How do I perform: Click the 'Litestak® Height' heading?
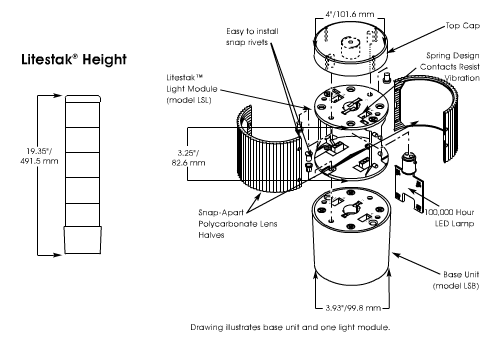click(x=74, y=59)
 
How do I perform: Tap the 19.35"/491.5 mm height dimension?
click(x=39, y=156)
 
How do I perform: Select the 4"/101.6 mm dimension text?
click(x=350, y=14)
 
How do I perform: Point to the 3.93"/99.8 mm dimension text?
click(x=353, y=307)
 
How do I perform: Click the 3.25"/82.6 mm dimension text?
click(x=188, y=158)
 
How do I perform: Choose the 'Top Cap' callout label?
click(x=463, y=26)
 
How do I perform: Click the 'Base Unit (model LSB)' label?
click(x=456, y=280)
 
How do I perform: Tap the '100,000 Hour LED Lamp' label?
click(x=449, y=218)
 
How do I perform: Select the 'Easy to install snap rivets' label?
click(x=252, y=37)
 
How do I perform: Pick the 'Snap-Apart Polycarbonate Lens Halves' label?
click(x=238, y=224)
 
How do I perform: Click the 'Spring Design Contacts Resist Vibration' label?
click(x=450, y=67)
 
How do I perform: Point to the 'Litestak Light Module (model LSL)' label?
click(x=192, y=89)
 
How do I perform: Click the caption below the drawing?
click(x=290, y=327)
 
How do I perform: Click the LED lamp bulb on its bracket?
click(x=407, y=163)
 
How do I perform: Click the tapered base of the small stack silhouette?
click(x=83, y=240)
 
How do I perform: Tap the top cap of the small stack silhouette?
click(x=83, y=99)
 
